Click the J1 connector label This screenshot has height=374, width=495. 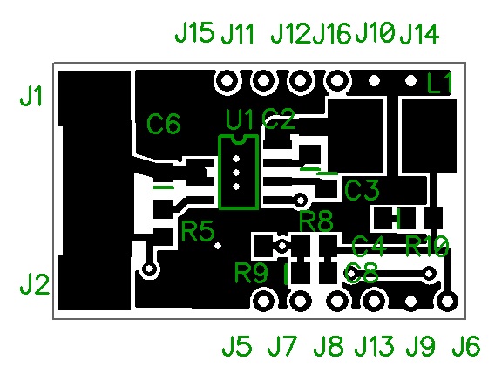31,97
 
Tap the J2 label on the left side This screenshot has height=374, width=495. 34,285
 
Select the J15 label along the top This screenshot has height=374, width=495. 193,33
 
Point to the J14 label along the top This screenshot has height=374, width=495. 419,34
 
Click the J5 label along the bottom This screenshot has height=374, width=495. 235,347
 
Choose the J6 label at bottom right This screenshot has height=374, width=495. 465,347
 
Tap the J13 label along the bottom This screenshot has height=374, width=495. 375,347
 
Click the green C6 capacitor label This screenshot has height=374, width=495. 164,125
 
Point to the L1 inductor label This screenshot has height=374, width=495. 440,85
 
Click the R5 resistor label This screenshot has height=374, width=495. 198,232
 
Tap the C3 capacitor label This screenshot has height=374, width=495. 363,189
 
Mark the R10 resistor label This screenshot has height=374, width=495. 427,246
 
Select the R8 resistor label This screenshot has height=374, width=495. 316,221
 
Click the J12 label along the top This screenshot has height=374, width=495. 290,34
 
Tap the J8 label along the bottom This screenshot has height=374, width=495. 328,347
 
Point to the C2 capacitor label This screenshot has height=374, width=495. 280,119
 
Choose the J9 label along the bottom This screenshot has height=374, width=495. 420,347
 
